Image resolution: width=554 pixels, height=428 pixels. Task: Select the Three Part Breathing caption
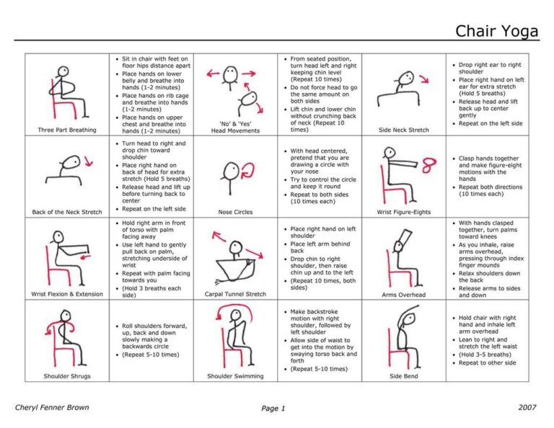(66, 130)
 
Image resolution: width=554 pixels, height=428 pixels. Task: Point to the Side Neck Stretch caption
(403, 130)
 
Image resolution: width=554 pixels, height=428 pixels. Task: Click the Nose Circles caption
(235, 212)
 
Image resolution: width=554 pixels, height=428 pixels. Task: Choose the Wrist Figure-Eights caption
(403, 212)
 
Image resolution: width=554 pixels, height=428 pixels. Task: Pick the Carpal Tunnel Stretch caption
(235, 294)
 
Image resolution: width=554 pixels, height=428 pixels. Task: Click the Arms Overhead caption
(403, 294)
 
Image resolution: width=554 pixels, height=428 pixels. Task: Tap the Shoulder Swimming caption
(235, 376)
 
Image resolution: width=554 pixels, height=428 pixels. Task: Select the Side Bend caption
(403, 376)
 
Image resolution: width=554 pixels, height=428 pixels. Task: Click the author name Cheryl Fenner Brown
(52, 407)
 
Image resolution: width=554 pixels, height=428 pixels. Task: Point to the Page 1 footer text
(273, 408)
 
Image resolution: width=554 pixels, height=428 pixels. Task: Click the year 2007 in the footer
(527, 407)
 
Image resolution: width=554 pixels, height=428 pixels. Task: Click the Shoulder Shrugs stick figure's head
(64, 315)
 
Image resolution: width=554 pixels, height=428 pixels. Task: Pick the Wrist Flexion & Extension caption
(66, 294)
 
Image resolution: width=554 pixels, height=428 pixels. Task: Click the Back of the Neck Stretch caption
(66, 212)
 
